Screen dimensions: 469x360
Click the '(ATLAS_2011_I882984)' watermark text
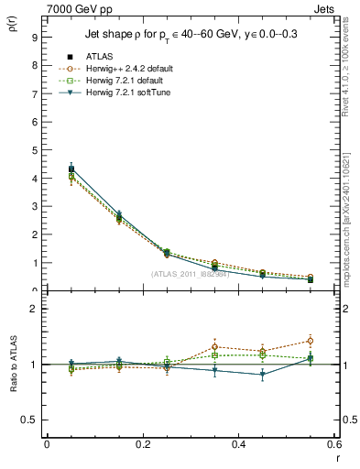pyautogui.click(x=190, y=273)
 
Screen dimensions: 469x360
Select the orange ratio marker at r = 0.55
pyautogui.click(x=310, y=341)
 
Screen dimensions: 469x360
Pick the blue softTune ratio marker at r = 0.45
pyautogui.click(x=262, y=374)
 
